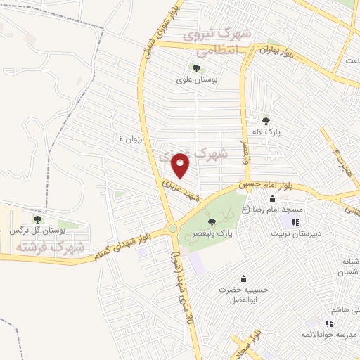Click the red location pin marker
(181, 166)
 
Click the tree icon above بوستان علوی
(195, 68)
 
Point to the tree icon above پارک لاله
(266, 121)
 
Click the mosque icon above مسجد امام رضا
(272, 199)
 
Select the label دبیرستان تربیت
(295, 233)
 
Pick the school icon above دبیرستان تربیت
(295, 222)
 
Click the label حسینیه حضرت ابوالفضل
(243, 295)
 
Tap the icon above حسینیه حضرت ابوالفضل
(243, 278)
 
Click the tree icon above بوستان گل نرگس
(37, 219)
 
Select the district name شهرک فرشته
(52, 247)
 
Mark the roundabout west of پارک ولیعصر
(172, 228)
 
